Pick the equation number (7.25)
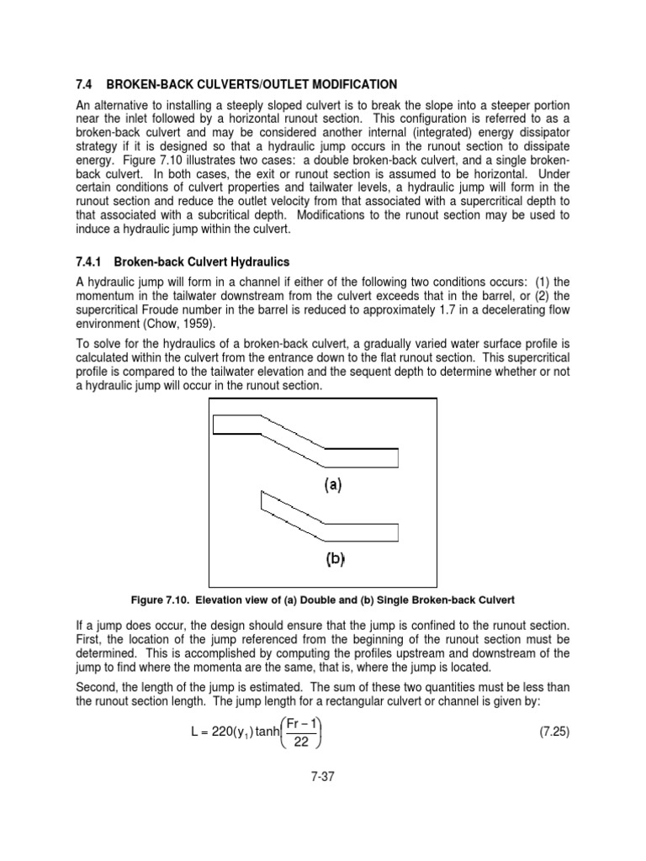click(553, 732)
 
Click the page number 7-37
click(322, 778)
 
